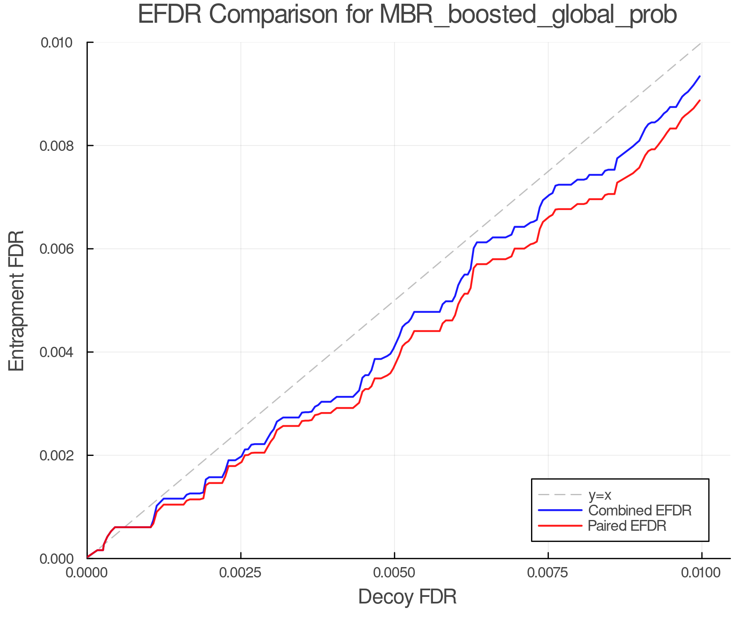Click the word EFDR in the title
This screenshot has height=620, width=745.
click(169, 15)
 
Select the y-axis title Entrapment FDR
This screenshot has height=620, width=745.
click(17, 300)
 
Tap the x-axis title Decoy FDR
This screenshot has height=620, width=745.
click(407, 596)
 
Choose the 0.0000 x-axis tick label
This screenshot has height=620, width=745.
click(87, 573)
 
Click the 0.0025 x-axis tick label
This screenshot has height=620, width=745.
click(241, 573)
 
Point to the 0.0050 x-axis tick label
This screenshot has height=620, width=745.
click(394, 573)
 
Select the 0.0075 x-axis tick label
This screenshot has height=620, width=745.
click(548, 573)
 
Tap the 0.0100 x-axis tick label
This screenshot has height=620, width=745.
click(702, 573)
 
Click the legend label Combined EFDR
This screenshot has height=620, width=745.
click(639, 510)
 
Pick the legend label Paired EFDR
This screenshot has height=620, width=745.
click(627, 526)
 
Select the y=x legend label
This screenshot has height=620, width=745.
click(600, 495)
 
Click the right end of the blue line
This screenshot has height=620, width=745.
click(699, 76)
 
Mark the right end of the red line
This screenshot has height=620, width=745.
click(699, 100)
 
